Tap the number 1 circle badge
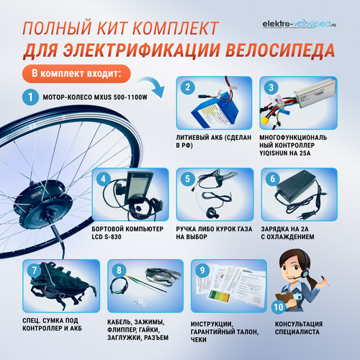(29, 96)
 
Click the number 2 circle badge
(188, 88)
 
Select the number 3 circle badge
(271, 88)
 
